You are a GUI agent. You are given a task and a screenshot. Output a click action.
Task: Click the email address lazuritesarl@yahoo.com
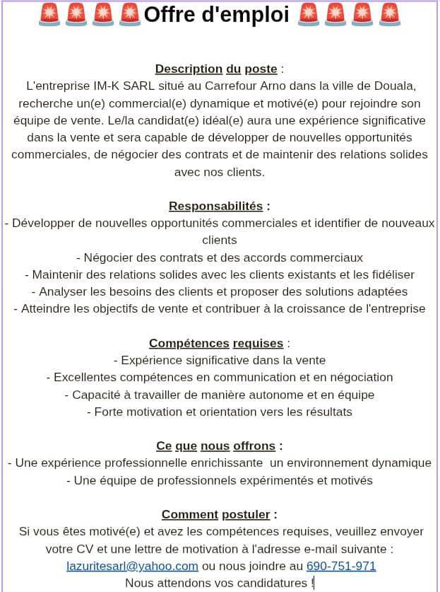(132, 566)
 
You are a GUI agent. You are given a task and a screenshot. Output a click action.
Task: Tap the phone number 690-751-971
(341, 566)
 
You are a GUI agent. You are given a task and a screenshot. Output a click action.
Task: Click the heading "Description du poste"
(216, 69)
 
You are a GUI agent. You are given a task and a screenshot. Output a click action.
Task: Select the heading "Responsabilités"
(215, 207)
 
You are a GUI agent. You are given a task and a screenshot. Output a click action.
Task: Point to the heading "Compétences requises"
(216, 344)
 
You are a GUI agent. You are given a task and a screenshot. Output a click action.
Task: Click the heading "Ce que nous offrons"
(216, 446)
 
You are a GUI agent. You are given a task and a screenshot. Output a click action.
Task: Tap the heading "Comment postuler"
(216, 514)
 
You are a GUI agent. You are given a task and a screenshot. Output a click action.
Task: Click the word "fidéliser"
(388, 274)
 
